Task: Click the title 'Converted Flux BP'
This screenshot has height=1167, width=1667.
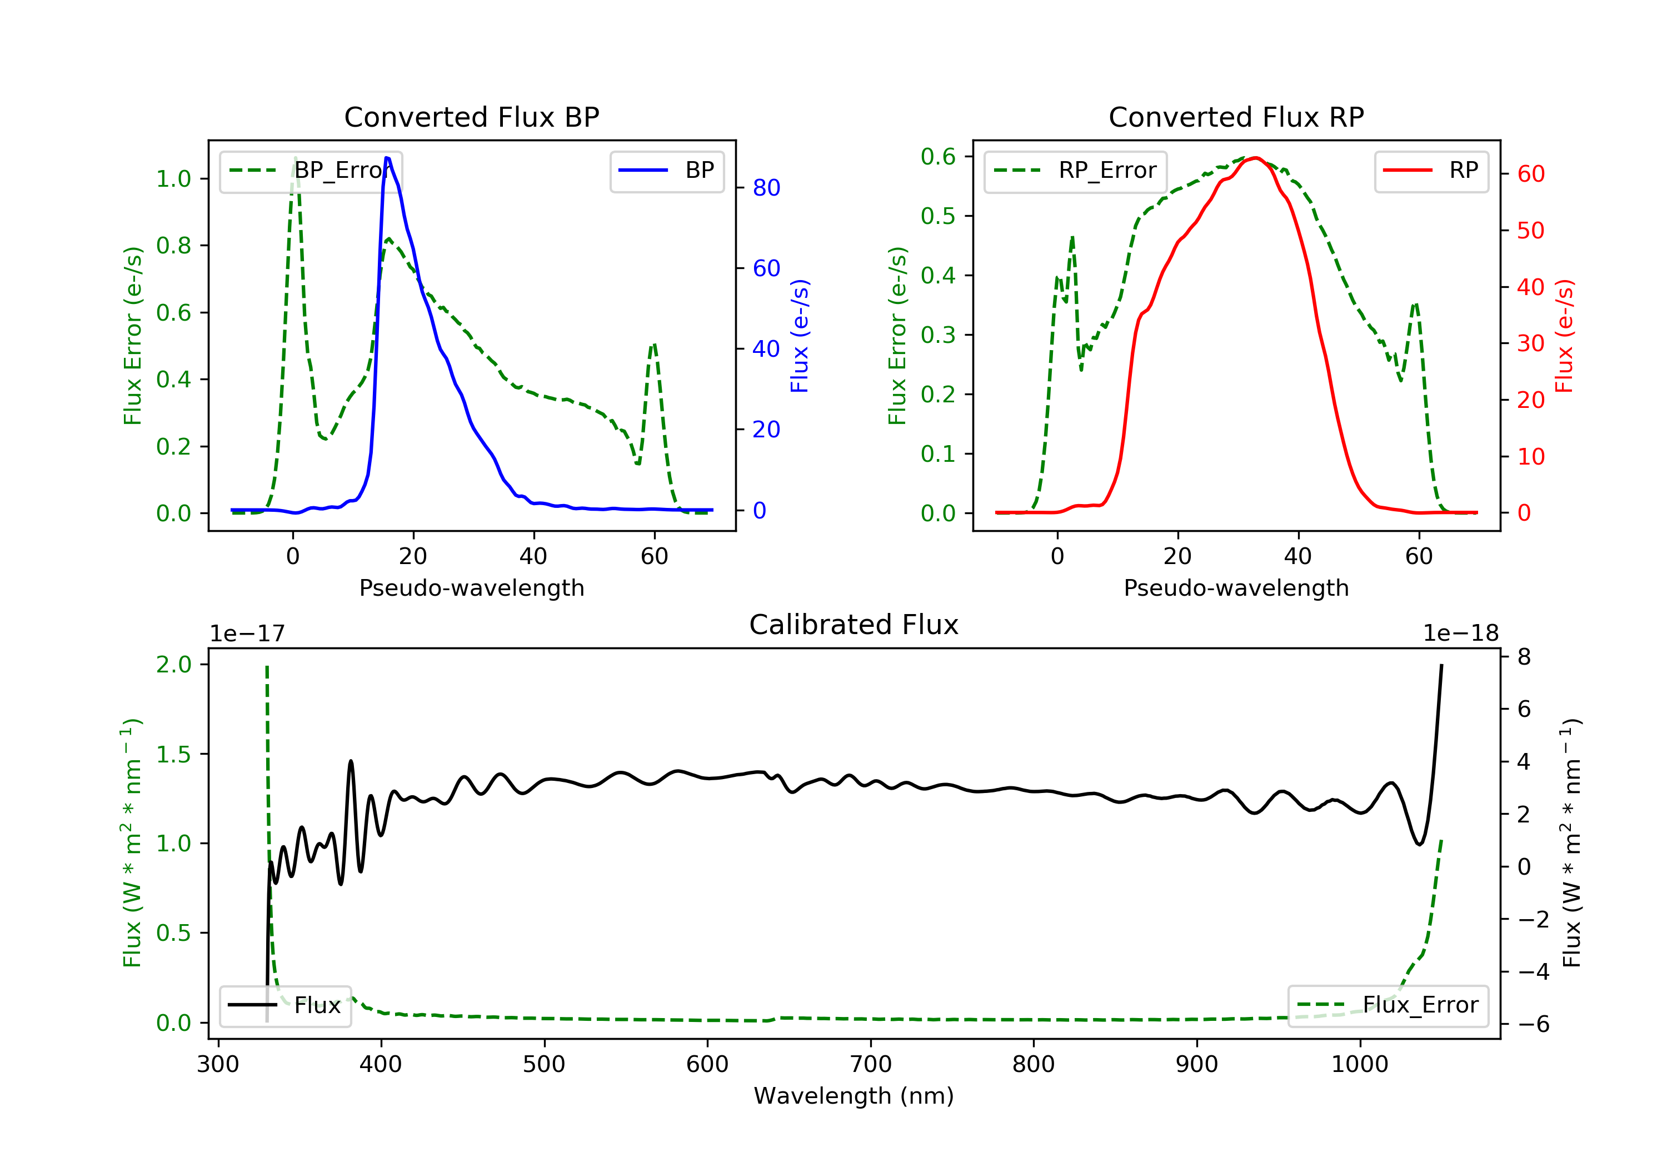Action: click(x=471, y=117)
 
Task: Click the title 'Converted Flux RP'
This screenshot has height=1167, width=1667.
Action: click(x=1236, y=117)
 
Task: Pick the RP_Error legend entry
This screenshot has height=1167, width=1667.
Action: click(x=1075, y=171)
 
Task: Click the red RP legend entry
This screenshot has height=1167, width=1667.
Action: click(x=1431, y=171)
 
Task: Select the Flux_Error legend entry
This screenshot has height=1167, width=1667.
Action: click(x=1387, y=1005)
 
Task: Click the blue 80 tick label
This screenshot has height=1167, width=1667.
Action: click(x=766, y=188)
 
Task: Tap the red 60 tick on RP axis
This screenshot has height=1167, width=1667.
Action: click(x=1530, y=174)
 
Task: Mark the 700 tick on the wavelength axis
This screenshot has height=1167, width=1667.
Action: click(x=871, y=1065)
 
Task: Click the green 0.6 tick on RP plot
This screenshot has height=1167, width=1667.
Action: click(x=938, y=157)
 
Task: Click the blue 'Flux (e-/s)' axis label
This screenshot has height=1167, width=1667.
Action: click(x=800, y=336)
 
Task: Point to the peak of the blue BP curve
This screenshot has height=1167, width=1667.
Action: click(x=387, y=158)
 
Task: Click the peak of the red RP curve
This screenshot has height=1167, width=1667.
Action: click(x=1255, y=158)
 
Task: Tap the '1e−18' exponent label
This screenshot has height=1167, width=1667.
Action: click(x=1461, y=634)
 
